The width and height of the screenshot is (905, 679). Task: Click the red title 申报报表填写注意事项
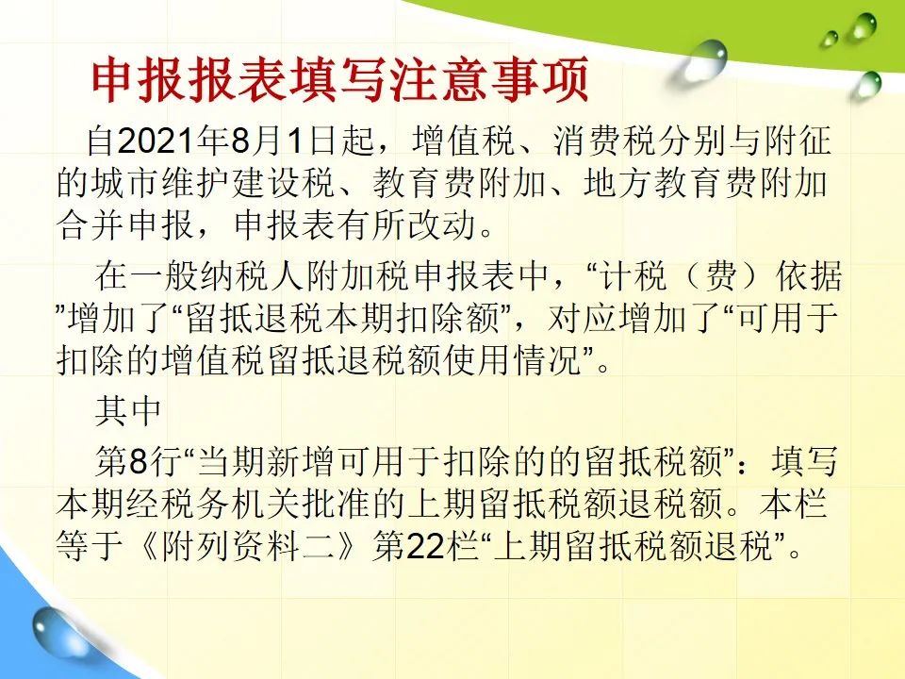[340, 79]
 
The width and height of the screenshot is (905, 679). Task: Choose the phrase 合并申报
[124, 225]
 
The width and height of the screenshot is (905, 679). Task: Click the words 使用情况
[513, 360]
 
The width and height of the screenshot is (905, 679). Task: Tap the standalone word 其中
[128, 411]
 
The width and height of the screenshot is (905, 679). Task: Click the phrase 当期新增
[266, 462]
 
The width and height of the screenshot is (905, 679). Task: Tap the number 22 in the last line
[426, 546]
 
